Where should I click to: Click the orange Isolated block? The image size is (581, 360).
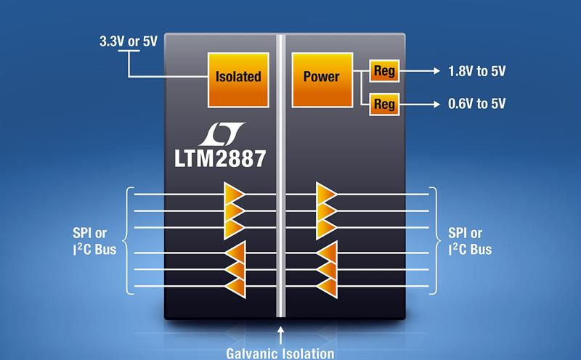[x=237, y=77]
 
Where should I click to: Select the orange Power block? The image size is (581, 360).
[x=321, y=77]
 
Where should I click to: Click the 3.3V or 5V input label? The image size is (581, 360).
[x=128, y=41]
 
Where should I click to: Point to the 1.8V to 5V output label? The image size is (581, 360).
[x=477, y=72]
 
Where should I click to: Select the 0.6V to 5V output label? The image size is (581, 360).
[x=477, y=104]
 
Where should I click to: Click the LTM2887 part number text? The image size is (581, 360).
[x=220, y=157]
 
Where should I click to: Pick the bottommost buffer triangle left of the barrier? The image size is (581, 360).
[x=236, y=287]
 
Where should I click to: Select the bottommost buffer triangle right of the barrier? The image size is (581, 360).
[x=328, y=287]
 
